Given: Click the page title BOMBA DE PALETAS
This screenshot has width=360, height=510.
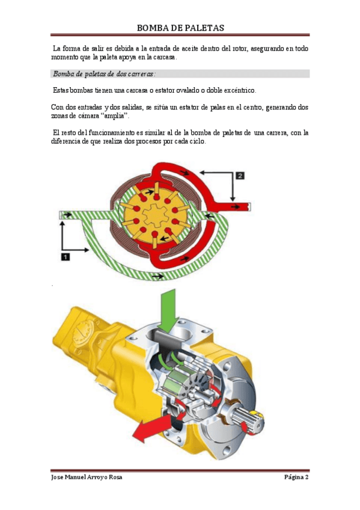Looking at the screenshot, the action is (x=180, y=28).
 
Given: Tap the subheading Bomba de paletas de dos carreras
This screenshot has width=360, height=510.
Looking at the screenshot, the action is (x=105, y=74).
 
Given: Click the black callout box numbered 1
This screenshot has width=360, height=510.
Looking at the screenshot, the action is (x=66, y=257).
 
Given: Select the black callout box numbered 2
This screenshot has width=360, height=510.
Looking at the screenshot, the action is (x=240, y=176).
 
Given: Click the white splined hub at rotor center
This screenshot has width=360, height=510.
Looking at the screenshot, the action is (x=156, y=216).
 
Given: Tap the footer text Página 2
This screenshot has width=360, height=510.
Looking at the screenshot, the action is (x=296, y=477).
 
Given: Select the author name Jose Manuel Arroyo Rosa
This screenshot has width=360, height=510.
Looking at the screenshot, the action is (x=87, y=477).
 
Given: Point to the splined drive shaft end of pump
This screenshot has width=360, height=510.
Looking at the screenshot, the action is (x=249, y=420).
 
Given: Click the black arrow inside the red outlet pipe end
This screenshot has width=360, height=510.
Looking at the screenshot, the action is (x=236, y=207).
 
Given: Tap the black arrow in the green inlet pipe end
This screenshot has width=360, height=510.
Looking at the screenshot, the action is (x=67, y=215).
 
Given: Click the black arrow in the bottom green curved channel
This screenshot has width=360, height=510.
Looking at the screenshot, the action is (x=158, y=276).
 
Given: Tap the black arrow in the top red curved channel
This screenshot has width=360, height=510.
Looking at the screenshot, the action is (x=184, y=173).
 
